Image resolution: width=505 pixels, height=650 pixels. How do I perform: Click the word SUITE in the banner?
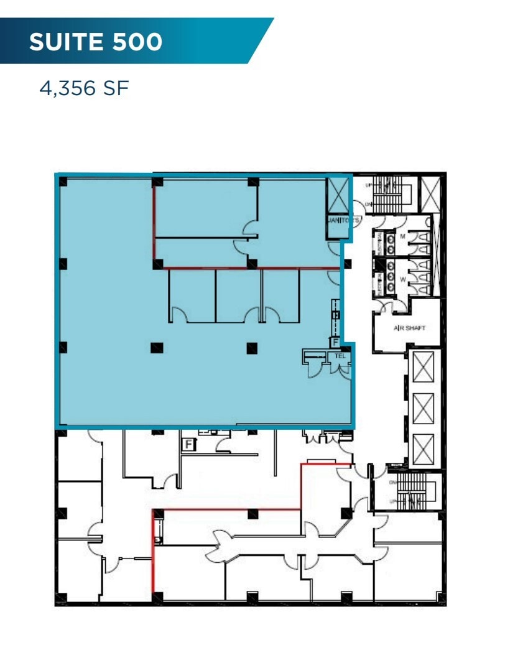coord(67,42)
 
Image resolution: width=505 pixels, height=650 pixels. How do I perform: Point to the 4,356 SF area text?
coord(84,88)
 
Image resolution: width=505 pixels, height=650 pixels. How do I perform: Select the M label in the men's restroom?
coord(402,236)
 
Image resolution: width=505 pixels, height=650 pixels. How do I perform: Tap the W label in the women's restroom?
coord(402,280)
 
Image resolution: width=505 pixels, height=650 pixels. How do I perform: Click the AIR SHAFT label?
coord(409,328)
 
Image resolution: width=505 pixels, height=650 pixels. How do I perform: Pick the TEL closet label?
coord(340,356)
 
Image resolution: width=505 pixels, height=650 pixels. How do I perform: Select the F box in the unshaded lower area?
coord(187,444)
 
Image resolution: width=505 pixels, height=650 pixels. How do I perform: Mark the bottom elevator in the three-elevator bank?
coord(423,448)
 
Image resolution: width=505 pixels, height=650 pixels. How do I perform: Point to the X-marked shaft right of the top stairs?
coord(430,193)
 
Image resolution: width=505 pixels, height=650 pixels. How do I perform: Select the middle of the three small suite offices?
coord(238,295)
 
